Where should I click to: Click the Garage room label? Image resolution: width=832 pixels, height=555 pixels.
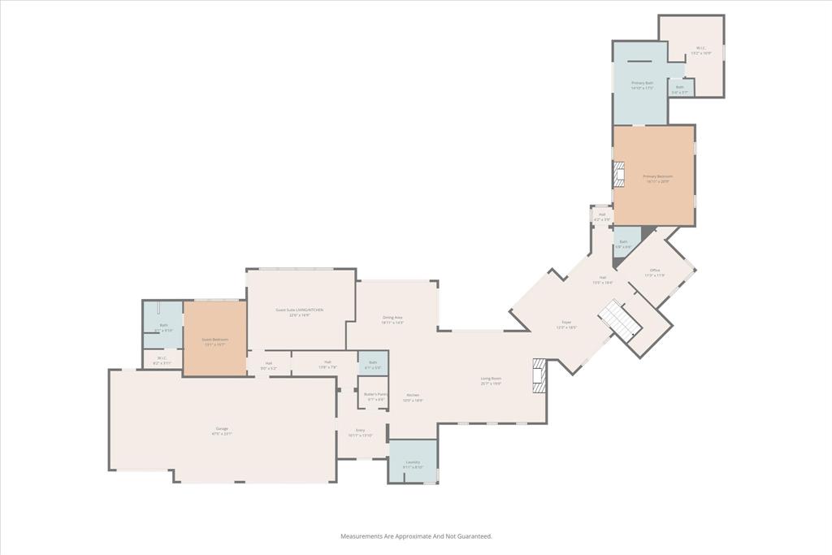tap(222, 429)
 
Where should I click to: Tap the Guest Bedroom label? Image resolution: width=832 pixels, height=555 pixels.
tap(215, 340)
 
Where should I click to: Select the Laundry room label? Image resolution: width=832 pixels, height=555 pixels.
tap(413, 462)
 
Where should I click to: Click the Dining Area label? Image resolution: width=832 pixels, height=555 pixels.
tap(392, 318)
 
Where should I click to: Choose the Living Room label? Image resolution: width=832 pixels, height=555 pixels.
tap(491, 379)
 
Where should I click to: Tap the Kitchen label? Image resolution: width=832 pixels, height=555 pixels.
tap(413, 396)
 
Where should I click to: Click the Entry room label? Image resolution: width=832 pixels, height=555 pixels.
tap(360, 431)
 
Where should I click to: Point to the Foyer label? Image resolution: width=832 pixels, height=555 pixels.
tap(566, 323)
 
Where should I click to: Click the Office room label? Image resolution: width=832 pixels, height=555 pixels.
tap(655, 271)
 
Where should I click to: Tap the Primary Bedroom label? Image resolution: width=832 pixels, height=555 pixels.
tap(658, 177)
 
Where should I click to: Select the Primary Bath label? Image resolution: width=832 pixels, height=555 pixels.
tap(643, 83)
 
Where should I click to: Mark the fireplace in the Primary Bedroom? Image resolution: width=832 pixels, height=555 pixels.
tap(620, 175)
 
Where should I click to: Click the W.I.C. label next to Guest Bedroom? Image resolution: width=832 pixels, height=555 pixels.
tap(162, 358)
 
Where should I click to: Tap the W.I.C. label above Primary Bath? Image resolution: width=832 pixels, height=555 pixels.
tap(701, 49)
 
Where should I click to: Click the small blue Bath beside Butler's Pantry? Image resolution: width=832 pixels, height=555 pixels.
tap(373, 362)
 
